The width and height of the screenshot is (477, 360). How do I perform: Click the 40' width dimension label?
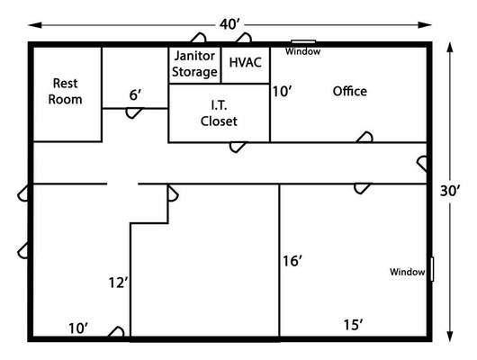point(230,24)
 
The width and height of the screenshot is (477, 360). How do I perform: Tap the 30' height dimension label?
point(450,191)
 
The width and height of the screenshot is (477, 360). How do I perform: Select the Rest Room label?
point(65,91)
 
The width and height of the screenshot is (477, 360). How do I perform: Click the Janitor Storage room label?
point(194,64)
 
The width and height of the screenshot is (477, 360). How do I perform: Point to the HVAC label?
point(245,62)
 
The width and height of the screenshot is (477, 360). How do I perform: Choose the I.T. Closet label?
point(219,113)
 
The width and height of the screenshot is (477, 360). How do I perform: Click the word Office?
point(350,91)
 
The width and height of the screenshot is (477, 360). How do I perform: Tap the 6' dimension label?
point(135,94)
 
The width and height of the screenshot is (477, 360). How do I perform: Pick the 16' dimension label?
point(292,261)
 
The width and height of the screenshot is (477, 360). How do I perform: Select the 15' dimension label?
point(353,325)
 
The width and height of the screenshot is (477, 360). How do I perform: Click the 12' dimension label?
point(119,283)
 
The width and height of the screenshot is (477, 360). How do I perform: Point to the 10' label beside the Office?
point(283,92)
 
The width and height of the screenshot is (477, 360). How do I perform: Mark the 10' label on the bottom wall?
point(78,328)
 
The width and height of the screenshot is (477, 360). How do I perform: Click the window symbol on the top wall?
point(303,41)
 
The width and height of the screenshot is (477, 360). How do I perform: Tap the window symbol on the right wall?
point(432,269)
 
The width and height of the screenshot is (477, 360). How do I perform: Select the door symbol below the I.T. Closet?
point(238,148)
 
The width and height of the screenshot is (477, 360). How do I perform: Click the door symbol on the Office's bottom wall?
point(364,137)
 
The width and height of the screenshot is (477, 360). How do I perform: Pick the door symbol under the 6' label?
point(133,113)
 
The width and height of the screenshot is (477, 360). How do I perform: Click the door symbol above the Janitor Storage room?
point(198,38)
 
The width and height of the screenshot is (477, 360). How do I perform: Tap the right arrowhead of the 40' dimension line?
point(425,25)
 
